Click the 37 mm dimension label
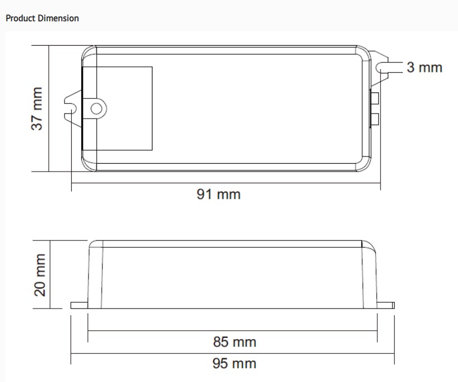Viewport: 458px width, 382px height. click(37, 109)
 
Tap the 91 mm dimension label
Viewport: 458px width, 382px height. click(219, 194)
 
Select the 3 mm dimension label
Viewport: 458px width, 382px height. click(425, 67)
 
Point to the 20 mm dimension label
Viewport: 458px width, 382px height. click(40, 275)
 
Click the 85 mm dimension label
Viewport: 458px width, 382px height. click(234, 342)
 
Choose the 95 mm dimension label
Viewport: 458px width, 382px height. click(234, 364)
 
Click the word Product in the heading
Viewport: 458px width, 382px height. click(21, 18)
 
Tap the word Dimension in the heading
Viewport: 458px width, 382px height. click(58, 18)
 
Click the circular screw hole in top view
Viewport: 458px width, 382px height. click(96, 109)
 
